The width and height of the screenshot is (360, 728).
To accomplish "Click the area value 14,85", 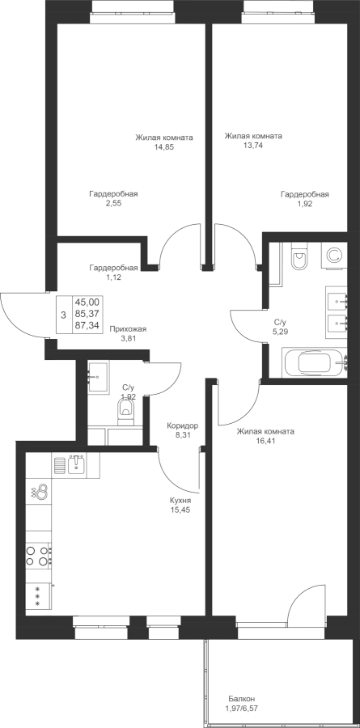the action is click(x=164, y=146).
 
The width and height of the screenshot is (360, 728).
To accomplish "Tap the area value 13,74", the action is click(x=252, y=145).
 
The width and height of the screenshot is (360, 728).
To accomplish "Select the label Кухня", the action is click(x=180, y=501).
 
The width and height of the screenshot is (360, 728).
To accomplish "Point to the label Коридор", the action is click(x=183, y=425).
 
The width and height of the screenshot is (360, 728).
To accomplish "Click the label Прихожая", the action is click(x=128, y=329).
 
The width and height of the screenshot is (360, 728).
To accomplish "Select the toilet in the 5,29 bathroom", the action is click(x=299, y=258).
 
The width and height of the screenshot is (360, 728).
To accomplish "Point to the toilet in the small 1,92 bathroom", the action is click(x=125, y=412).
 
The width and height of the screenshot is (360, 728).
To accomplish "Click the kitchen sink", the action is click(x=76, y=464).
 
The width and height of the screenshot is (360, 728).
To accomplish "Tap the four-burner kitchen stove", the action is click(x=38, y=556).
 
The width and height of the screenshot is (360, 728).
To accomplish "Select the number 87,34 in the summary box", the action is click(x=87, y=326).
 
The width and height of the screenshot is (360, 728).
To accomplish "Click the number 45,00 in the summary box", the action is click(x=87, y=303).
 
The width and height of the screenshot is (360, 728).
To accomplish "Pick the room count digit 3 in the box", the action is click(x=63, y=315).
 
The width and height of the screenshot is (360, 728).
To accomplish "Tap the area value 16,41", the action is click(x=265, y=441).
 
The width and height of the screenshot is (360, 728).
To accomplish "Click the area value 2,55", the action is click(x=113, y=203).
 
